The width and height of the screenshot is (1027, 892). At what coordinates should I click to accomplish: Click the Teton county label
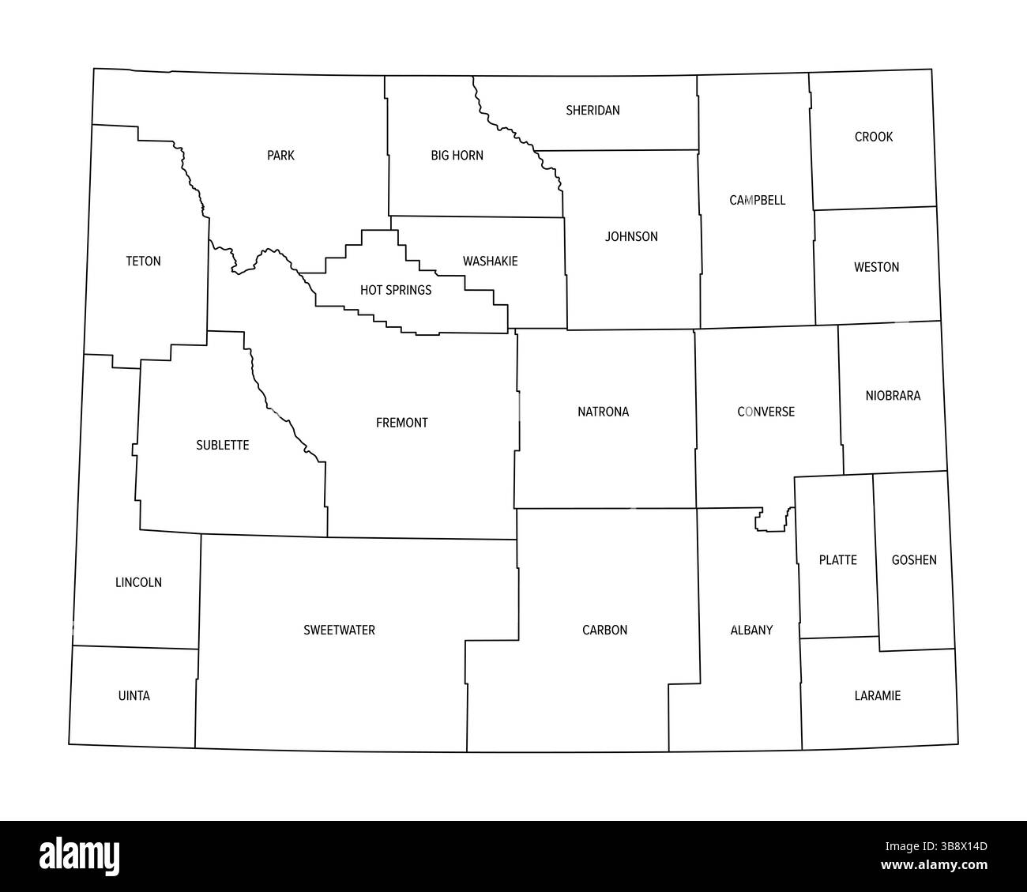(x=143, y=261)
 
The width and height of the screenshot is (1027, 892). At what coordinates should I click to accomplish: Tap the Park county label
(x=280, y=155)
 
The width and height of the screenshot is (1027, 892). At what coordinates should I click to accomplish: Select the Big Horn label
(x=457, y=155)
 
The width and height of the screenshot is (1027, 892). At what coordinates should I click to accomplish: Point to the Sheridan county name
(x=592, y=110)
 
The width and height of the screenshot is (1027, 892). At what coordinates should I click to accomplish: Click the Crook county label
(x=874, y=137)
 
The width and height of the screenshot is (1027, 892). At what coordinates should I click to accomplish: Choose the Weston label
(x=876, y=267)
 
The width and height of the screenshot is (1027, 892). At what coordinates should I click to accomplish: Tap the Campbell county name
(x=757, y=200)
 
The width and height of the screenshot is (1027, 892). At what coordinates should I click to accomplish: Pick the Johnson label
(x=631, y=236)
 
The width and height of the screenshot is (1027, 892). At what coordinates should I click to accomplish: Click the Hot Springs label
(x=396, y=290)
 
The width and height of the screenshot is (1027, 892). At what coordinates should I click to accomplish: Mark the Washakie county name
(x=491, y=261)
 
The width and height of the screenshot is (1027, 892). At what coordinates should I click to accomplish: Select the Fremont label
(x=401, y=423)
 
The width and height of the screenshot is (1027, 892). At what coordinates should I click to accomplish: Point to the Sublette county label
(x=222, y=445)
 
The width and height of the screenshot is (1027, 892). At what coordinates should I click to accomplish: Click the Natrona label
(x=603, y=412)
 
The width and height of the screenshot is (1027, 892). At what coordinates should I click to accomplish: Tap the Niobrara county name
(x=893, y=395)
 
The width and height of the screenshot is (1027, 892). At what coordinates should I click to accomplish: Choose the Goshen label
(x=914, y=560)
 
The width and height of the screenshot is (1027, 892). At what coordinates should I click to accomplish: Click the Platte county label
(x=837, y=560)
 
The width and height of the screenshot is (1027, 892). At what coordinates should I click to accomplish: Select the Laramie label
(x=877, y=696)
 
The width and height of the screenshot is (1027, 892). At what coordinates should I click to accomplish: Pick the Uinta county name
(x=134, y=696)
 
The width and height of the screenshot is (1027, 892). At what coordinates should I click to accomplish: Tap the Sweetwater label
(x=339, y=630)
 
